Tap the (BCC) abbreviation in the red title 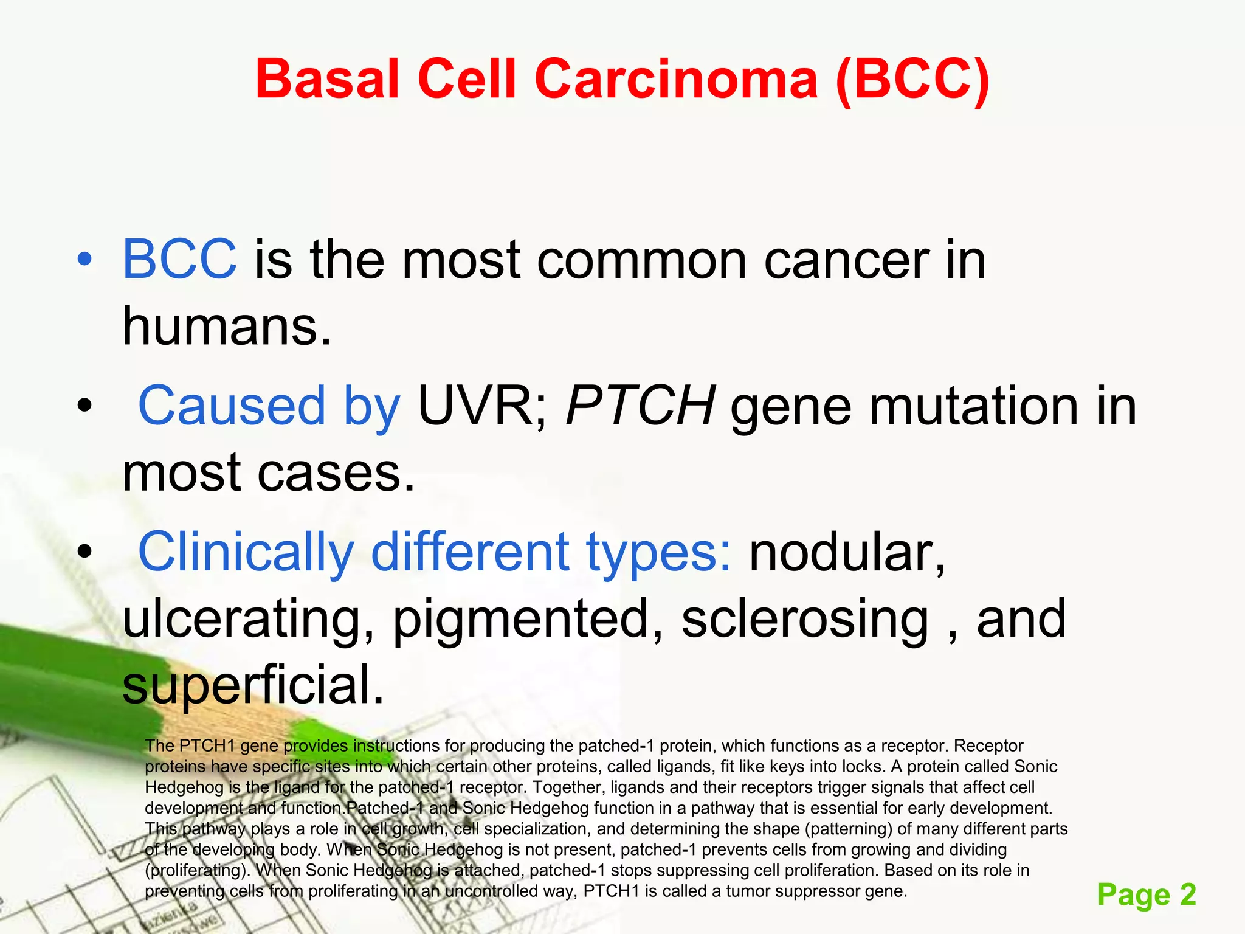point(912,79)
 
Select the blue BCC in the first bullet point(179,260)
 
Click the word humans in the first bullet point(227,327)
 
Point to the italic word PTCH point(640,406)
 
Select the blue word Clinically point(246,552)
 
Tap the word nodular point(847,552)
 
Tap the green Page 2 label point(1146,894)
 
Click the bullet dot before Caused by point(84,406)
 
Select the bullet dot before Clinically point(84,552)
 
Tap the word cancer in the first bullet point(846,260)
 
